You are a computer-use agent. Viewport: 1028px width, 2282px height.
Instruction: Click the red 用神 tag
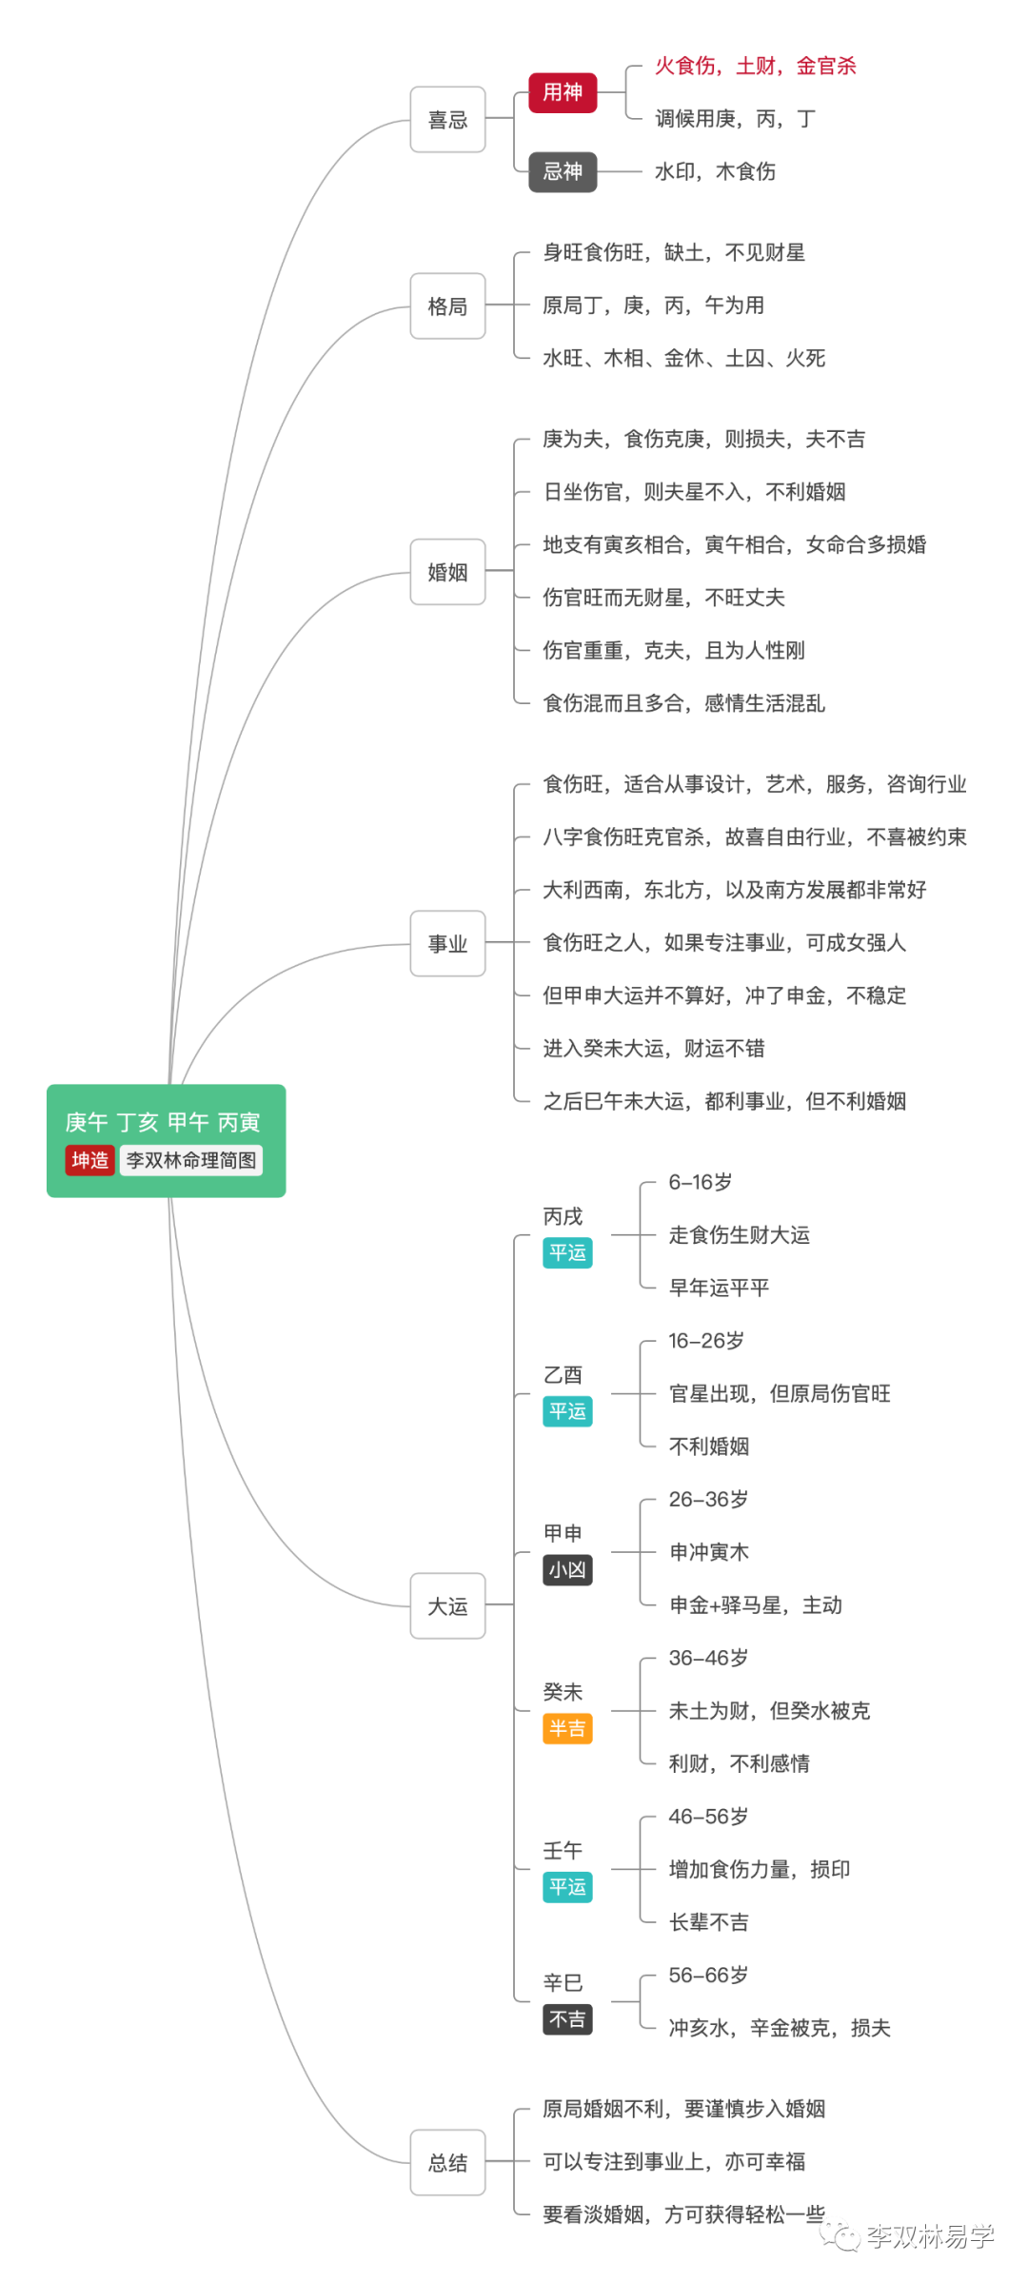pyautogui.click(x=563, y=92)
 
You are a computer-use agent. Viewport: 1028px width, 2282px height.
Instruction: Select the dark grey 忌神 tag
pyautogui.click(x=563, y=171)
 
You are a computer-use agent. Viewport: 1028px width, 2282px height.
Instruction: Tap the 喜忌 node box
pyautogui.click(x=447, y=120)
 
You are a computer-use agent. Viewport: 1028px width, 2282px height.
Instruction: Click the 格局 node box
pyautogui.click(x=447, y=306)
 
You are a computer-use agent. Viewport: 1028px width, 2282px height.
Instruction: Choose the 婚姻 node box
pyautogui.click(x=447, y=572)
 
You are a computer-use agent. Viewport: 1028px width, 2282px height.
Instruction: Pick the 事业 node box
pyautogui.click(x=447, y=944)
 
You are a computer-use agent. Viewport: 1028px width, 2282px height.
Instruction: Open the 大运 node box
pyautogui.click(x=447, y=1606)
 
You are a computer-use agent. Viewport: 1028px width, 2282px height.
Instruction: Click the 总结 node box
pyautogui.click(x=447, y=2163)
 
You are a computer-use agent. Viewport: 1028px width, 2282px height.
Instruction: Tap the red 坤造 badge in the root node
pyautogui.click(x=89, y=1160)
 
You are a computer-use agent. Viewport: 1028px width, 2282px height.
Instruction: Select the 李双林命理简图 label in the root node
pyautogui.click(x=191, y=1160)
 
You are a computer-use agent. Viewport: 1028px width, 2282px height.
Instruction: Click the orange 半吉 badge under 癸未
pyautogui.click(x=567, y=1728)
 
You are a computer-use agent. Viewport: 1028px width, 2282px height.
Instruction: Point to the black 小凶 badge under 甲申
pyautogui.click(x=567, y=1569)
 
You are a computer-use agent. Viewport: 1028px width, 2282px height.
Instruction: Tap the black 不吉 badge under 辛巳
pyautogui.click(x=567, y=2019)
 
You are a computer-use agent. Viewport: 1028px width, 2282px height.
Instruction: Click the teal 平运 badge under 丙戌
pyautogui.click(x=567, y=1252)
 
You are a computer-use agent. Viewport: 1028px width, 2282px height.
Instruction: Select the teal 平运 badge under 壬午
pyautogui.click(x=567, y=1887)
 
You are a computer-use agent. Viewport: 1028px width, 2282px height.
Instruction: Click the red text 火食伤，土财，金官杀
pyautogui.click(x=755, y=66)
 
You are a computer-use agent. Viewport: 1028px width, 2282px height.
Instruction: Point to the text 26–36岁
pyautogui.click(x=708, y=1499)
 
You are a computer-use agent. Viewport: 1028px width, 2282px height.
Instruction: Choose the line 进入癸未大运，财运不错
pyautogui.click(x=653, y=1048)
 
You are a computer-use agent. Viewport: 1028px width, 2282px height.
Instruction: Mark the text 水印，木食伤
pyautogui.click(x=715, y=171)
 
